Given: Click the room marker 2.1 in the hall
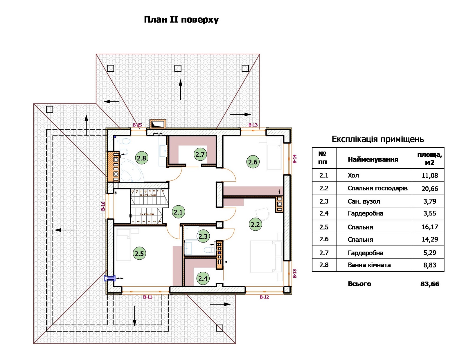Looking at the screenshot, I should (178, 212).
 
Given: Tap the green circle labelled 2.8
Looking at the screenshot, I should (141, 158).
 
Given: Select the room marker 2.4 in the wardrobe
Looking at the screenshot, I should (203, 278).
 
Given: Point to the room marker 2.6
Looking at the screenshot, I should (253, 162).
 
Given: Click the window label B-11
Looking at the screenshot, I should (147, 297).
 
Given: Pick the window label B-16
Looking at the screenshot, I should (103, 206).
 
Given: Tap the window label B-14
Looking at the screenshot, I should (295, 159).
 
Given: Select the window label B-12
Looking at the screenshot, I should (264, 297).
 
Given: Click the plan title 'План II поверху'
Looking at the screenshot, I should (181, 20).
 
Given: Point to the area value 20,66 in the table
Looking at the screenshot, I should (430, 189).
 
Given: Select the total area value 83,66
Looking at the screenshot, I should (430, 284).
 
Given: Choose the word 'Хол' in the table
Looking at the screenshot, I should (353, 175).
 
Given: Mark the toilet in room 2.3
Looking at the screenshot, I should (208, 250).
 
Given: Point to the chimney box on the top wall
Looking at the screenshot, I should (158, 124).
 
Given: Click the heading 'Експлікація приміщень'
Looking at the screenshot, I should (378, 139).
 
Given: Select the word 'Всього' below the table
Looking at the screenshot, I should (359, 284).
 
